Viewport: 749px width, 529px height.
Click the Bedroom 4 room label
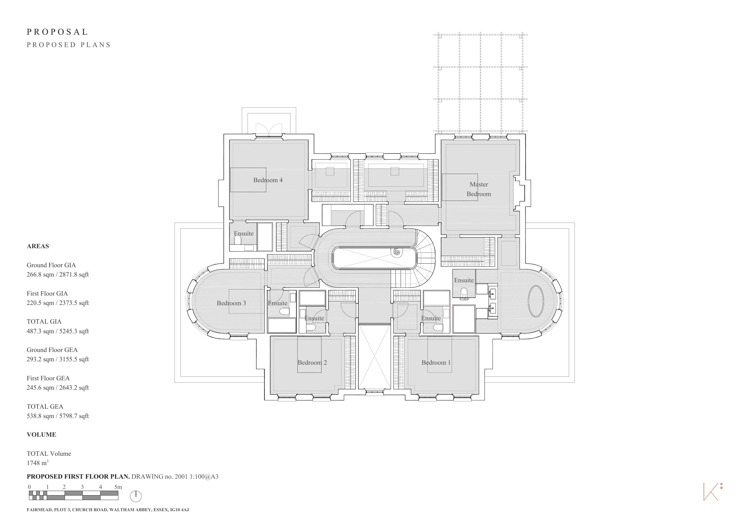point(268,180)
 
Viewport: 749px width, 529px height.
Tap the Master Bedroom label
point(479,189)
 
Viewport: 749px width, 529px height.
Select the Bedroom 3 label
point(231,303)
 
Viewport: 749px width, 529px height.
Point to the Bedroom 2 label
point(312,363)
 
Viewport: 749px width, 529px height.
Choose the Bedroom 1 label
point(436,363)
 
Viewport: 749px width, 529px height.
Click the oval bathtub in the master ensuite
point(536,301)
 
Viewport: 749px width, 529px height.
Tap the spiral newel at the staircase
point(397,252)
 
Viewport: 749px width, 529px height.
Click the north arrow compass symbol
point(136,496)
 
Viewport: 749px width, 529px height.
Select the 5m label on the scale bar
point(118,487)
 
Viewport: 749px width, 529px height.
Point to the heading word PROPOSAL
point(57,32)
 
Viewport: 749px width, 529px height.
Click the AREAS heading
point(38,246)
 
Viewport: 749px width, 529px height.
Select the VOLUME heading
point(41,435)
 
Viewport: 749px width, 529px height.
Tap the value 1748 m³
point(37,463)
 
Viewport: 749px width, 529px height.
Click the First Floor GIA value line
point(58,303)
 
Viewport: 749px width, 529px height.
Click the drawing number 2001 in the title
point(181,477)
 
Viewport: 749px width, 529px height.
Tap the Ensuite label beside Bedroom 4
point(244,233)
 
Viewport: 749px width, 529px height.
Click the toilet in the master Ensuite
point(464,293)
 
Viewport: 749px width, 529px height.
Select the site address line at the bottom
point(108,510)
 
